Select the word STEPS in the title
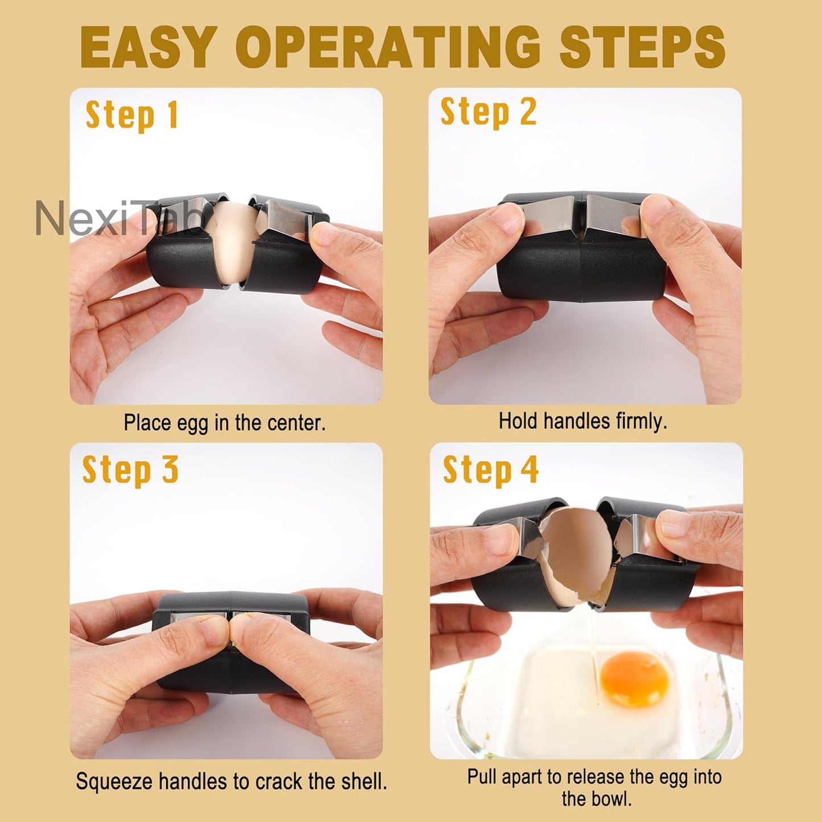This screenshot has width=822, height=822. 642,47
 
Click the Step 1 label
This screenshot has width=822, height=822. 132,115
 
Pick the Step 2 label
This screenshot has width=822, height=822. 488,112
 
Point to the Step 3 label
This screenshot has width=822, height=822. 130,470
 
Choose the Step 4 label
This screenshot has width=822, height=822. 490,470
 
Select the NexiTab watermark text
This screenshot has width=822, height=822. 117,219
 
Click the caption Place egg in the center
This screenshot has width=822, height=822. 225,423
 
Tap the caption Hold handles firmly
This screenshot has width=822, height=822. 583,421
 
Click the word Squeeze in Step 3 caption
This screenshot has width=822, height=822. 114,782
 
